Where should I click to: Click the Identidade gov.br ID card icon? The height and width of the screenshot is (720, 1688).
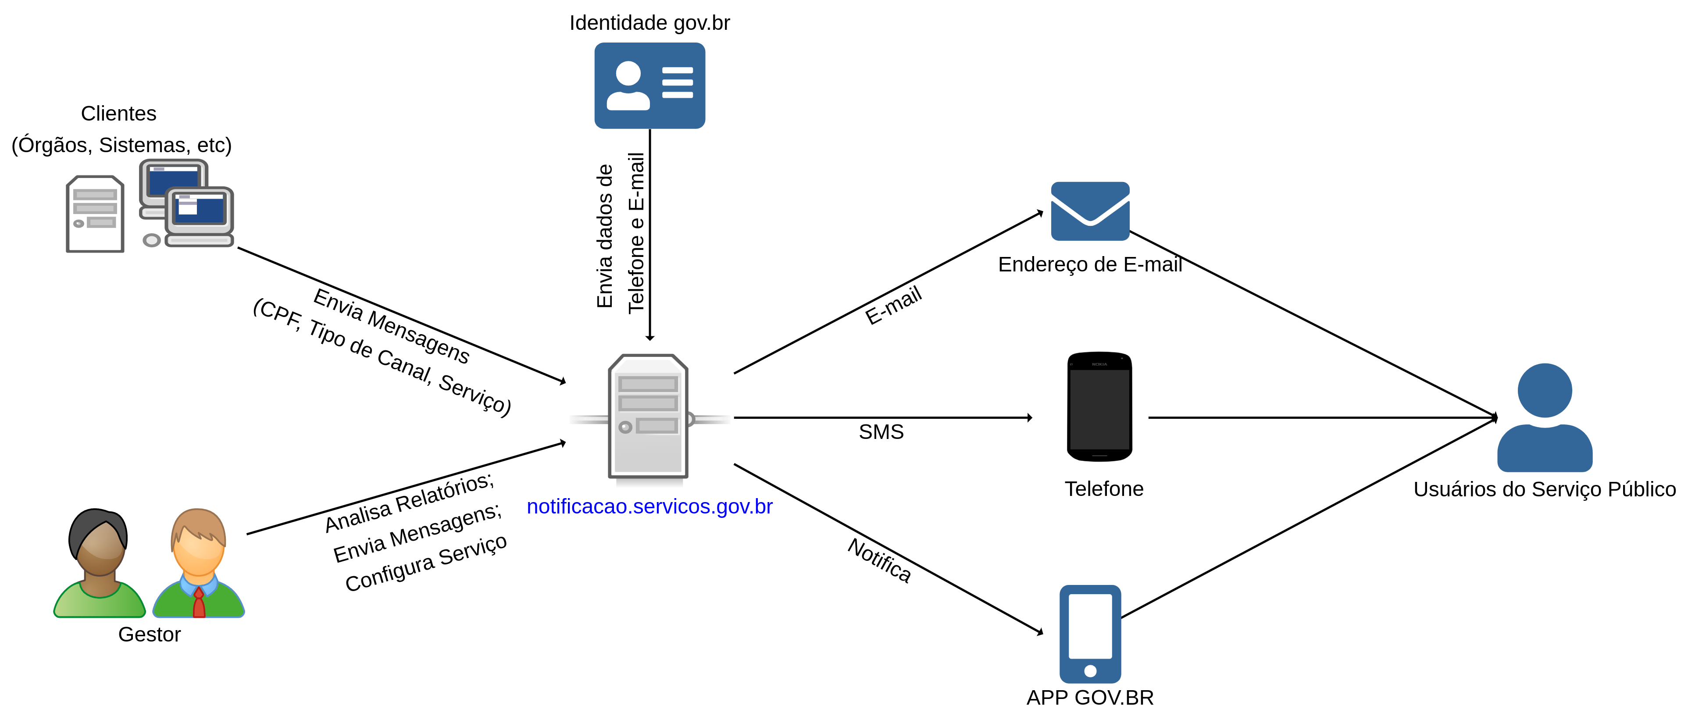(650, 86)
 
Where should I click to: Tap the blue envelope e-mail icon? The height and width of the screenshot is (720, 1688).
(1090, 211)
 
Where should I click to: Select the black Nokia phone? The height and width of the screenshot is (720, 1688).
(1099, 406)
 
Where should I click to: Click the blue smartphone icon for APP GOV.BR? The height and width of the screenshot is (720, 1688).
(1090, 634)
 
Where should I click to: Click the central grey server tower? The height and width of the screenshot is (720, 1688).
(648, 417)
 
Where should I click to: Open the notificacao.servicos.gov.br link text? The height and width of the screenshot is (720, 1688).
(650, 506)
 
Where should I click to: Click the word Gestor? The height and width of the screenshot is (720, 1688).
(150, 634)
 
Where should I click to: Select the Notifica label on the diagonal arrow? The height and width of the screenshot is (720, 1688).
(879, 560)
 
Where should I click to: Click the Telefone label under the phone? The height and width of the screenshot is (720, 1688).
(1103, 489)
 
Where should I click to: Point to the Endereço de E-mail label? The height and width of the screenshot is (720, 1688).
(1090, 264)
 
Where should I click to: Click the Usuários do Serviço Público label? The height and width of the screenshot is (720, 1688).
(1545, 489)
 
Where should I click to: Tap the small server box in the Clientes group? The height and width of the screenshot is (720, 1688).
(95, 214)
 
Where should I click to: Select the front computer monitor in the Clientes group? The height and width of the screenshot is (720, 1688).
(199, 211)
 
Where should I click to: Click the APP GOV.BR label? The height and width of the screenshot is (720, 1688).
(1090, 698)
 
